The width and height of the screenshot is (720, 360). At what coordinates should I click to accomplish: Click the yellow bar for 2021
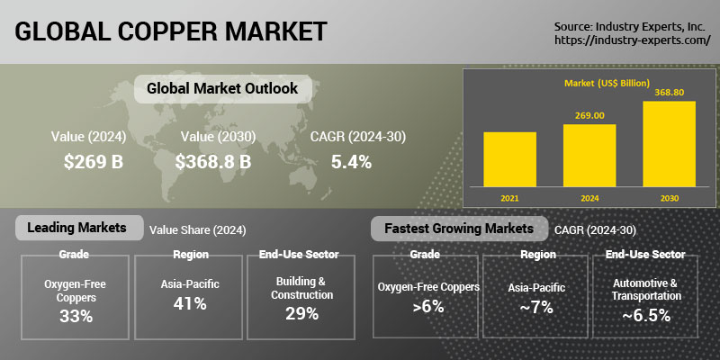[x=509, y=159]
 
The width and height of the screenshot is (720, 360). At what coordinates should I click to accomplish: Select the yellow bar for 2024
[x=589, y=156]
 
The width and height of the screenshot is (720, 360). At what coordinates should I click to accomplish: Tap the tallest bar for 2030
[x=669, y=144]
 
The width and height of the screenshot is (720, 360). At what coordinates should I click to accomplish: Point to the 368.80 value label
[x=669, y=93]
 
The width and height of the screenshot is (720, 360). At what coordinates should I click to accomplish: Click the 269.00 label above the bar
[x=589, y=115]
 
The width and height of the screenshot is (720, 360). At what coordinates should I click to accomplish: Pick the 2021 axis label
[x=509, y=199]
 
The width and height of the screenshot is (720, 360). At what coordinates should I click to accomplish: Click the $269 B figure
[x=94, y=162]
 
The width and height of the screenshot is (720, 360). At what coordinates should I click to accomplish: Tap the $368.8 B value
[x=213, y=162]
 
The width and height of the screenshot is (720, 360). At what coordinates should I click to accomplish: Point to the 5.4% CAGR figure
[x=351, y=162]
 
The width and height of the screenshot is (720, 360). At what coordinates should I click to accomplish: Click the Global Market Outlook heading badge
[x=222, y=88]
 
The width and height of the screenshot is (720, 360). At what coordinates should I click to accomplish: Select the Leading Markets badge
[x=79, y=228]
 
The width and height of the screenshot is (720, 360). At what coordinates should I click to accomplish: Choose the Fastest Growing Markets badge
[x=459, y=229]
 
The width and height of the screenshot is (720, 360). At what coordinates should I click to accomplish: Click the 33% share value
[x=76, y=316]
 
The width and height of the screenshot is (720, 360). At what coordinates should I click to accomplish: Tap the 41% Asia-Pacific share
[x=190, y=303]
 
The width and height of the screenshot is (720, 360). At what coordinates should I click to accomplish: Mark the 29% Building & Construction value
[x=301, y=313]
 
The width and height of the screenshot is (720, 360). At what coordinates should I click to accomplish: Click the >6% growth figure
[x=428, y=306]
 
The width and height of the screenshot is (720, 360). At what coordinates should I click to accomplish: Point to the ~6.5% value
[x=646, y=316]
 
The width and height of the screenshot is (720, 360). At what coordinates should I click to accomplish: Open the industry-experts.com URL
[x=633, y=40]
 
